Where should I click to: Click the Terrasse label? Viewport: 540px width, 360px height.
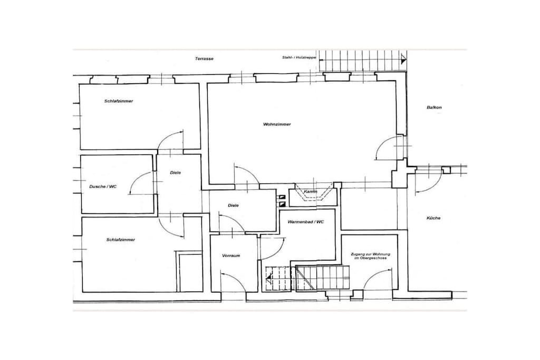point(204,59)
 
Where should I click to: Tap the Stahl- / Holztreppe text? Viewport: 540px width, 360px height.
point(299,57)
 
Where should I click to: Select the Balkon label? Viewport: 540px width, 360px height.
point(434,108)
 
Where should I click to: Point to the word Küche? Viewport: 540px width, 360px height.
point(433,218)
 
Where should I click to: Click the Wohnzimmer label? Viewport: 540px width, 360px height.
point(277,124)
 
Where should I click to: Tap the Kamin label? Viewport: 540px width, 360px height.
point(310,191)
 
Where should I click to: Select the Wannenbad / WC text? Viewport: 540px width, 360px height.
point(306,222)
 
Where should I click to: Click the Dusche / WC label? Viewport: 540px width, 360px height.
point(103,187)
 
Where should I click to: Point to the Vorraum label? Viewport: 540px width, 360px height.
point(231,256)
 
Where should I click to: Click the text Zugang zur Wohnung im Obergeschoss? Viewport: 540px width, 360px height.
point(369,256)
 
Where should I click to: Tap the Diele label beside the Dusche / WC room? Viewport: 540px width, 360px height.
point(175,173)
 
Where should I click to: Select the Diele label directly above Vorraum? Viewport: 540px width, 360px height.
point(233,206)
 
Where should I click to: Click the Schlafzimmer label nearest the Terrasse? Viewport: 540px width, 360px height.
point(119,101)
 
